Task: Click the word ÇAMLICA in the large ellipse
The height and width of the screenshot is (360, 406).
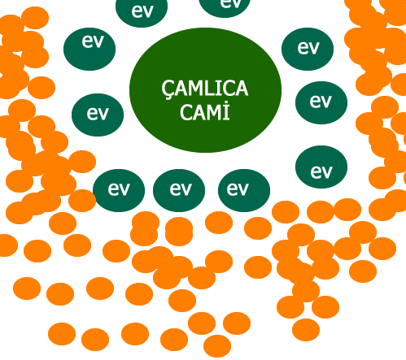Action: click(205, 89)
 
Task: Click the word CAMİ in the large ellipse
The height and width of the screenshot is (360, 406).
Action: click(205, 111)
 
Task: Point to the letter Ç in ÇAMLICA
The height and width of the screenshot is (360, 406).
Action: click(167, 89)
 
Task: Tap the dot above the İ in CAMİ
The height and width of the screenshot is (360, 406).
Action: click(227, 103)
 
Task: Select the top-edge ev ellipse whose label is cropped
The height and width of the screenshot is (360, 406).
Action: click(225, 7)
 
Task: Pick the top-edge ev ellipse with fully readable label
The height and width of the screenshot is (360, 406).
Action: click(142, 11)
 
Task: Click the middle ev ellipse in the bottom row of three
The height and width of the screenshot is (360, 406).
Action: click(179, 190)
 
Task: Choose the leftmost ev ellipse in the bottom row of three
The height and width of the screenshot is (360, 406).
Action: click(119, 190)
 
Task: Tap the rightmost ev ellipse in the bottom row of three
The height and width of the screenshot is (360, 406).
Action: click(244, 190)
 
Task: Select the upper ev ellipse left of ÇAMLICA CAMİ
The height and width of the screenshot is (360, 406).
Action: click(89, 49)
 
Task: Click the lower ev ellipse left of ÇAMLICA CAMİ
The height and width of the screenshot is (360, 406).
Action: click(98, 115)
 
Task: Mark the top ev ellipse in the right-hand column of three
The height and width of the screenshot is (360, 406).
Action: click(308, 49)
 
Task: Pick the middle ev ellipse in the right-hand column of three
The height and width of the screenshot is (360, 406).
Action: click(321, 102)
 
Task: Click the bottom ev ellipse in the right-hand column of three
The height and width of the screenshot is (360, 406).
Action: click(321, 167)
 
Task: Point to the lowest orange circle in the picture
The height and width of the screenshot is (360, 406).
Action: click(217, 346)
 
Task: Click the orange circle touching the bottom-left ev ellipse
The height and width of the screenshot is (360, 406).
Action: click(82, 201)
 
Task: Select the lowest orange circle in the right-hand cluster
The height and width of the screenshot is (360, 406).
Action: click(306, 330)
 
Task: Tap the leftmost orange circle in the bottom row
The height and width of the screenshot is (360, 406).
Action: click(62, 334)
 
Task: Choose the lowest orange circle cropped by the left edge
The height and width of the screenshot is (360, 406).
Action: click(7, 245)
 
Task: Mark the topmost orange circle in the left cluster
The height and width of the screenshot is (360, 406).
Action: click(35, 18)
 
